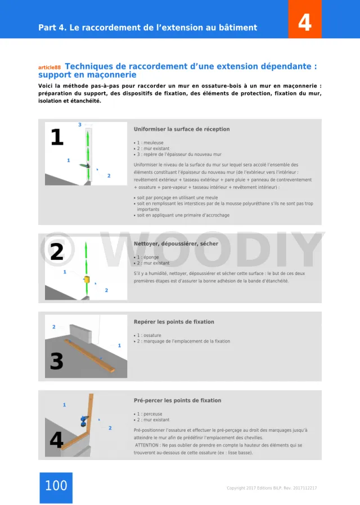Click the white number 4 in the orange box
(x=304, y=22)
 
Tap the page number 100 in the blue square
(x=56, y=485)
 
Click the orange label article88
(x=49, y=68)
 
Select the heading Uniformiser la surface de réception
(x=182, y=129)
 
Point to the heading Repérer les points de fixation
(x=174, y=322)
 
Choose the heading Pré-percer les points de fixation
(x=177, y=401)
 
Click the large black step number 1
(x=57, y=137)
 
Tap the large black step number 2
(x=57, y=252)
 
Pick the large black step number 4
(x=56, y=440)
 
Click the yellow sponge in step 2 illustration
(x=87, y=279)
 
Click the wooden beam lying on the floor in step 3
(x=90, y=355)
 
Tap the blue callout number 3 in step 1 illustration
(x=79, y=125)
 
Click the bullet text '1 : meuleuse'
(x=150, y=143)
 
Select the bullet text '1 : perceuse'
(x=149, y=414)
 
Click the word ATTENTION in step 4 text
(x=148, y=445)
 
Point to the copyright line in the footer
(x=272, y=488)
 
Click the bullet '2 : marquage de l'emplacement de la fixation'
(x=183, y=341)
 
